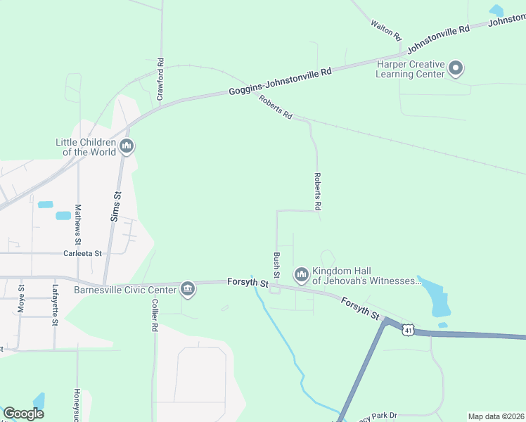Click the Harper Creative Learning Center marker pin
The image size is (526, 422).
click(456, 68)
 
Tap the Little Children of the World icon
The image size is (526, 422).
click(127, 146)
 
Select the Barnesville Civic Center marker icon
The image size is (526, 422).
click(188, 289)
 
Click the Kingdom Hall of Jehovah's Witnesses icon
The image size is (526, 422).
click(302, 274)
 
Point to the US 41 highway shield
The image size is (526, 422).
click(409, 328)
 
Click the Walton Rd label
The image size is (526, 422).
click(387, 30)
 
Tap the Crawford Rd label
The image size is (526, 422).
click(160, 79)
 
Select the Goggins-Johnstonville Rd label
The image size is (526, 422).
click(280, 82)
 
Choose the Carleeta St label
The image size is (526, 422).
click(83, 253)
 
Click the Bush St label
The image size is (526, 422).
click(276, 264)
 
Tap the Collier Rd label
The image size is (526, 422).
click(154, 316)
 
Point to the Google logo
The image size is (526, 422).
click(23, 414)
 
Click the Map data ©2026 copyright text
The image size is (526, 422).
click(496, 416)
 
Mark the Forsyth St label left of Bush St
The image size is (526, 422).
click(248, 282)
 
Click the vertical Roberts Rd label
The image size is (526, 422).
click(317, 192)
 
